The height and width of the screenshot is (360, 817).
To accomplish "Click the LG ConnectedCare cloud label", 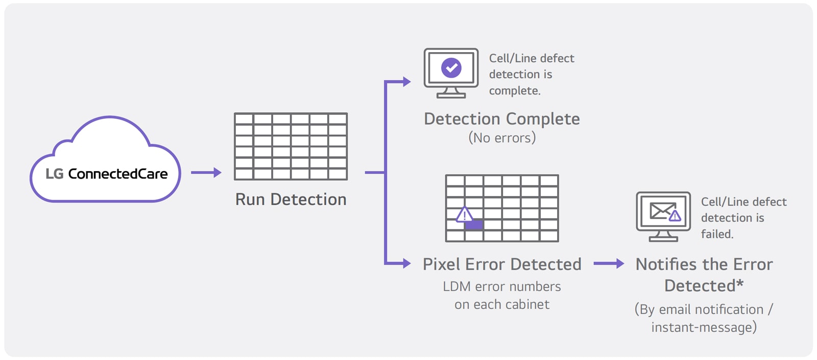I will (x=106, y=174).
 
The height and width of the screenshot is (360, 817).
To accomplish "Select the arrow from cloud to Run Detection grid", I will (x=206, y=173).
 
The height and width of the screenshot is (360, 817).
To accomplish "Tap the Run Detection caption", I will (x=291, y=199).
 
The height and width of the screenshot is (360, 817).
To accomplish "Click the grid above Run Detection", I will (x=291, y=147).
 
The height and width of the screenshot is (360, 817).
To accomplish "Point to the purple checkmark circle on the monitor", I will (x=451, y=68).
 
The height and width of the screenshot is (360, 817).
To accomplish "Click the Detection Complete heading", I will (x=501, y=119).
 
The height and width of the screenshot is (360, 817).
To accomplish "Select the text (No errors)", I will (x=502, y=138).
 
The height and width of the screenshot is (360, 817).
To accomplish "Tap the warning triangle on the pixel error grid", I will (x=464, y=214).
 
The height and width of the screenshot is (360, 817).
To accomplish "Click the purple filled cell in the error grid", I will (x=474, y=225).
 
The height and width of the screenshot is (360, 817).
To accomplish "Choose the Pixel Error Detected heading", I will (x=501, y=264).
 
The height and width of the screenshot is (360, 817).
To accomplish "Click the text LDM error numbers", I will (x=501, y=286).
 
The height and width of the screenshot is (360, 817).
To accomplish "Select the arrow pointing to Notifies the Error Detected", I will (x=609, y=263).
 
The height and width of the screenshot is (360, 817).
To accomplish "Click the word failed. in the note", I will (x=717, y=234).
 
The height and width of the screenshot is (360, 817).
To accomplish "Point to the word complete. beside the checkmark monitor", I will (x=514, y=91).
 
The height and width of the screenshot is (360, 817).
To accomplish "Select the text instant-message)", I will (x=704, y=327).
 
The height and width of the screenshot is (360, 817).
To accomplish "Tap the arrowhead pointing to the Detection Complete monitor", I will (x=406, y=82).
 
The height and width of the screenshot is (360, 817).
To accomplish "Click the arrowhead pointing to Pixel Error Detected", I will (x=406, y=263).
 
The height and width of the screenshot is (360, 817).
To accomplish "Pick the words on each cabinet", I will (x=501, y=304).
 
